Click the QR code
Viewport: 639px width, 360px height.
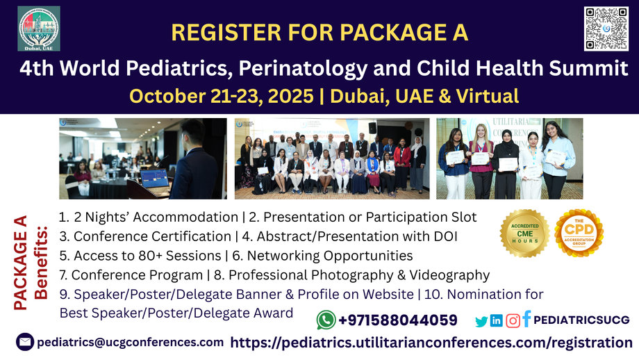pyautogui.click(x=606, y=28)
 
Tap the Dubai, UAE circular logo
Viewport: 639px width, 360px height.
pyautogui.click(x=39, y=28)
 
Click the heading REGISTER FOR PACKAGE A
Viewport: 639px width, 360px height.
pyautogui.click(x=319, y=32)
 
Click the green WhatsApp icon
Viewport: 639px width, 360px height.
pyautogui.click(x=326, y=320)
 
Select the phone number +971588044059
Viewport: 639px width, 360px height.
pyautogui.click(x=397, y=320)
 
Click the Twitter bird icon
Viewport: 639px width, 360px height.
pyautogui.click(x=481, y=321)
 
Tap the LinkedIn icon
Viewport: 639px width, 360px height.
pyautogui.click(x=497, y=320)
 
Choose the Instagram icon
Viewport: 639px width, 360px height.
pyautogui.click(x=513, y=320)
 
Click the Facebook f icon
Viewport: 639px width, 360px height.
pyautogui.click(x=527, y=319)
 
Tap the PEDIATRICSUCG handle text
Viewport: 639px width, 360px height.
pyautogui.click(x=582, y=320)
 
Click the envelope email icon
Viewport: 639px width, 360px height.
pyautogui.click(x=25, y=342)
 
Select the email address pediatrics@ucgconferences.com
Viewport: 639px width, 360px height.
pyautogui.click(x=130, y=342)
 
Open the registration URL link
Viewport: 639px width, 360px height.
pyautogui.click(x=431, y=342)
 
